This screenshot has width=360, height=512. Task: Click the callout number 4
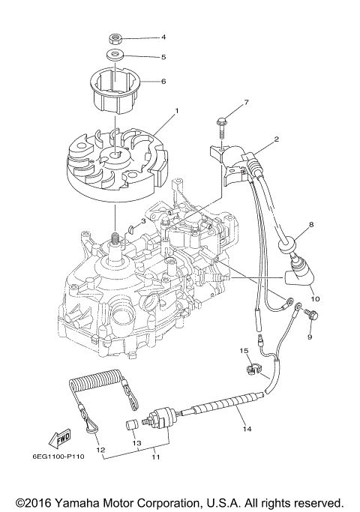pyautogui.click(x=163, y=37)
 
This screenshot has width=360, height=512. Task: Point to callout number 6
pyautogui.click(x=163, y=81)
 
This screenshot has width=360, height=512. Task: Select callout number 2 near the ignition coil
pyautogui.click(x=277, y=139)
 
